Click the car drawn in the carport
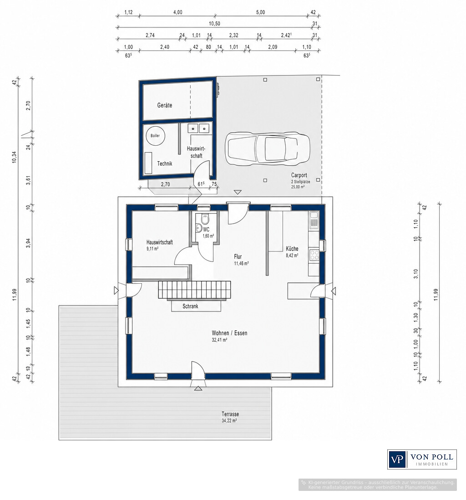[268, 149]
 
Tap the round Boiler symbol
[155, 136]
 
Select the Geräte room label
[164, 105]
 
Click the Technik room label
[164, 163]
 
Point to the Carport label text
[299, 175]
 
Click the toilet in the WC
[205, 219]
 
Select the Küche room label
[292, 248]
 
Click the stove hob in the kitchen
[314, 255]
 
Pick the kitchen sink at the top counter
[314, 220]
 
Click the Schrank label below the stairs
[190, 306]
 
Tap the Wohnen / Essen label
[229, 333]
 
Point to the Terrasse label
[230, 414]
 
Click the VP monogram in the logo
[397, 459]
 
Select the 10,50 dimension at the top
[214, 24]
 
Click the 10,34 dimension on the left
[14, 157]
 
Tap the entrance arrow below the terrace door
[198, 388]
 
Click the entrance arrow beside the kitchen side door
[334, 291]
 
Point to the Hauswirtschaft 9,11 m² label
[159, 245]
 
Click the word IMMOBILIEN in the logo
[431, 464]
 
